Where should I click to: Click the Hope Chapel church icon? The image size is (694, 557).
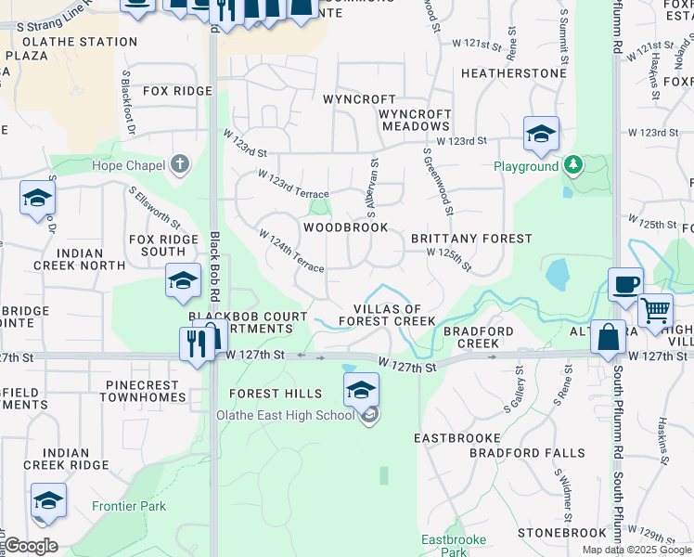point(180,166)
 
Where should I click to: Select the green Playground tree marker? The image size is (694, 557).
point(574,166)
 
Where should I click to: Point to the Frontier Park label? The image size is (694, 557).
point(129,506)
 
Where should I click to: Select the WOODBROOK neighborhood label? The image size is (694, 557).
point(345,227)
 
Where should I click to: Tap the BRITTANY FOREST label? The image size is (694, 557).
point(471,239)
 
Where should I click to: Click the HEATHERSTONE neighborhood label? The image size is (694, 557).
point(513,73)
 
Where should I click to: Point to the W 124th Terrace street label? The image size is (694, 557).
point(291,252)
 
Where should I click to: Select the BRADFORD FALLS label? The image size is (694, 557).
point(527,454)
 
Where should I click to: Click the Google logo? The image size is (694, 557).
point(32,545)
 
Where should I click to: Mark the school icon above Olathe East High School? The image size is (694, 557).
point(361,389)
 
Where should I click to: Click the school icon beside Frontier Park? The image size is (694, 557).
point(48,500)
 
